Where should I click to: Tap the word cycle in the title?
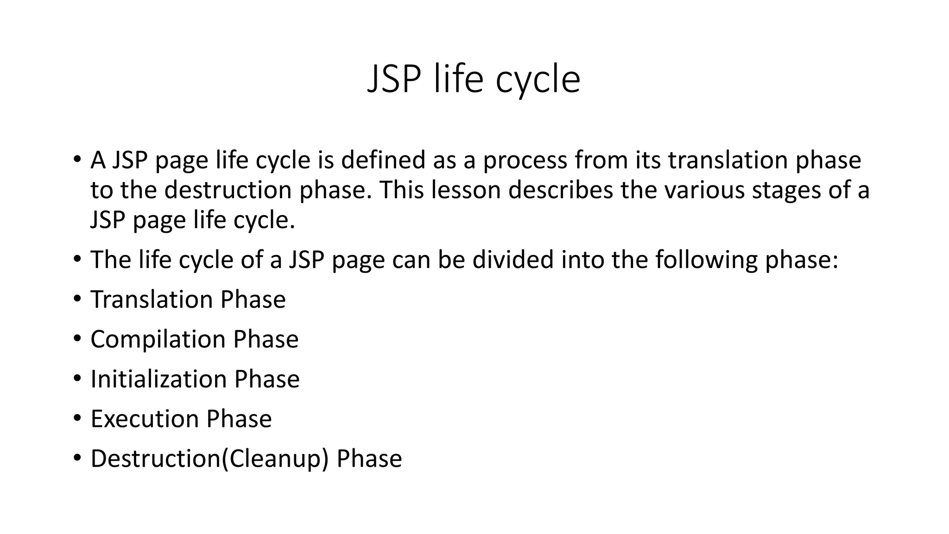538,79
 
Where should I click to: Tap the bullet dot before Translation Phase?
77,299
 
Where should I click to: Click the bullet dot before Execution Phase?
77,418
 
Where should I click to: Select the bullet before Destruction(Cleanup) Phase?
77,458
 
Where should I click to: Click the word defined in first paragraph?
383,160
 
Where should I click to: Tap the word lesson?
466,190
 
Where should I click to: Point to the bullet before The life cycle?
77,259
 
